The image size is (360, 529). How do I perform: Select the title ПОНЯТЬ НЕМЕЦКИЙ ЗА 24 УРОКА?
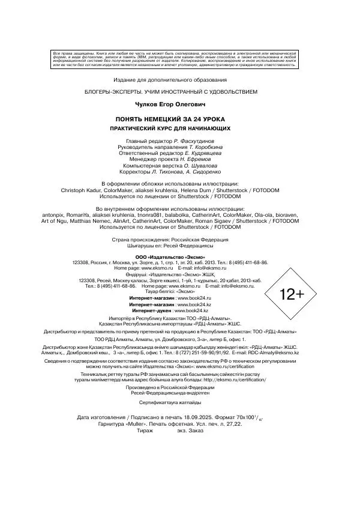(x=171, y=119)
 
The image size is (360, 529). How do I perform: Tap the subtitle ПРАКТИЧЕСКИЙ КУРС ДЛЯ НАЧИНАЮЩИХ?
(x=171, y=128)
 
